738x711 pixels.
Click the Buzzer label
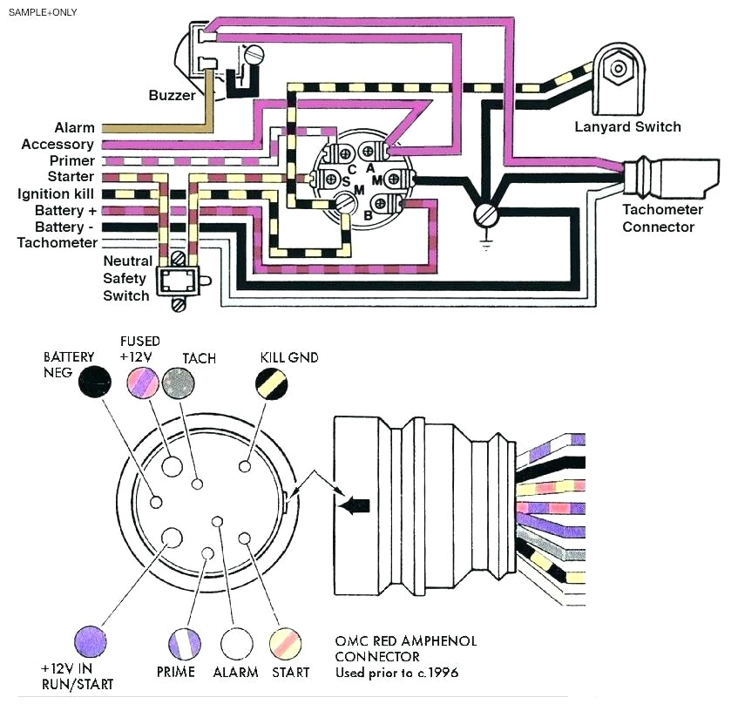[172, 95]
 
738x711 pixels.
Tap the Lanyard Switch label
[627, 127]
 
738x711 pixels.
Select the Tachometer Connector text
[658, 218]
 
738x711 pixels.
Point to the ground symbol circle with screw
[484, 213]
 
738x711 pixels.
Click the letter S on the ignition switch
[346, 179]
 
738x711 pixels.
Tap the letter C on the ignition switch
[352, 168]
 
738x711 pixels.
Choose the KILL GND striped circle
[271, 383]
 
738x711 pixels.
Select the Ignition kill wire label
[56, 193]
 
